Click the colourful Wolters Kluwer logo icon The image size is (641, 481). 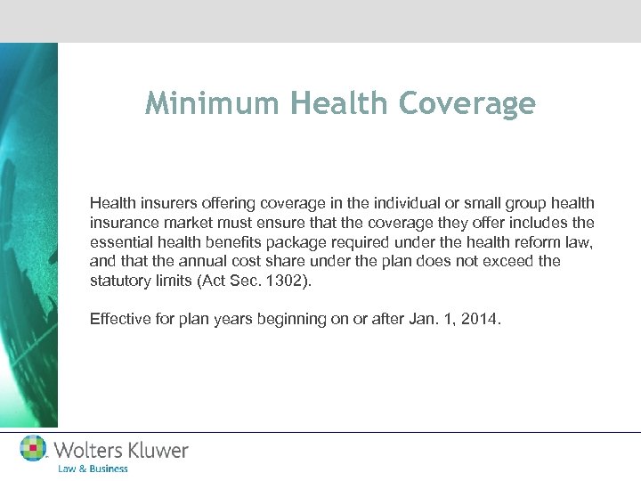pyautogui.click(x=33, y=448)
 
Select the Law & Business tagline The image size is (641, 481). pyautogui.click(x=93, y=469)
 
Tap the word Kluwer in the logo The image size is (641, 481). pyautogui.click(x=156, y=450)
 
